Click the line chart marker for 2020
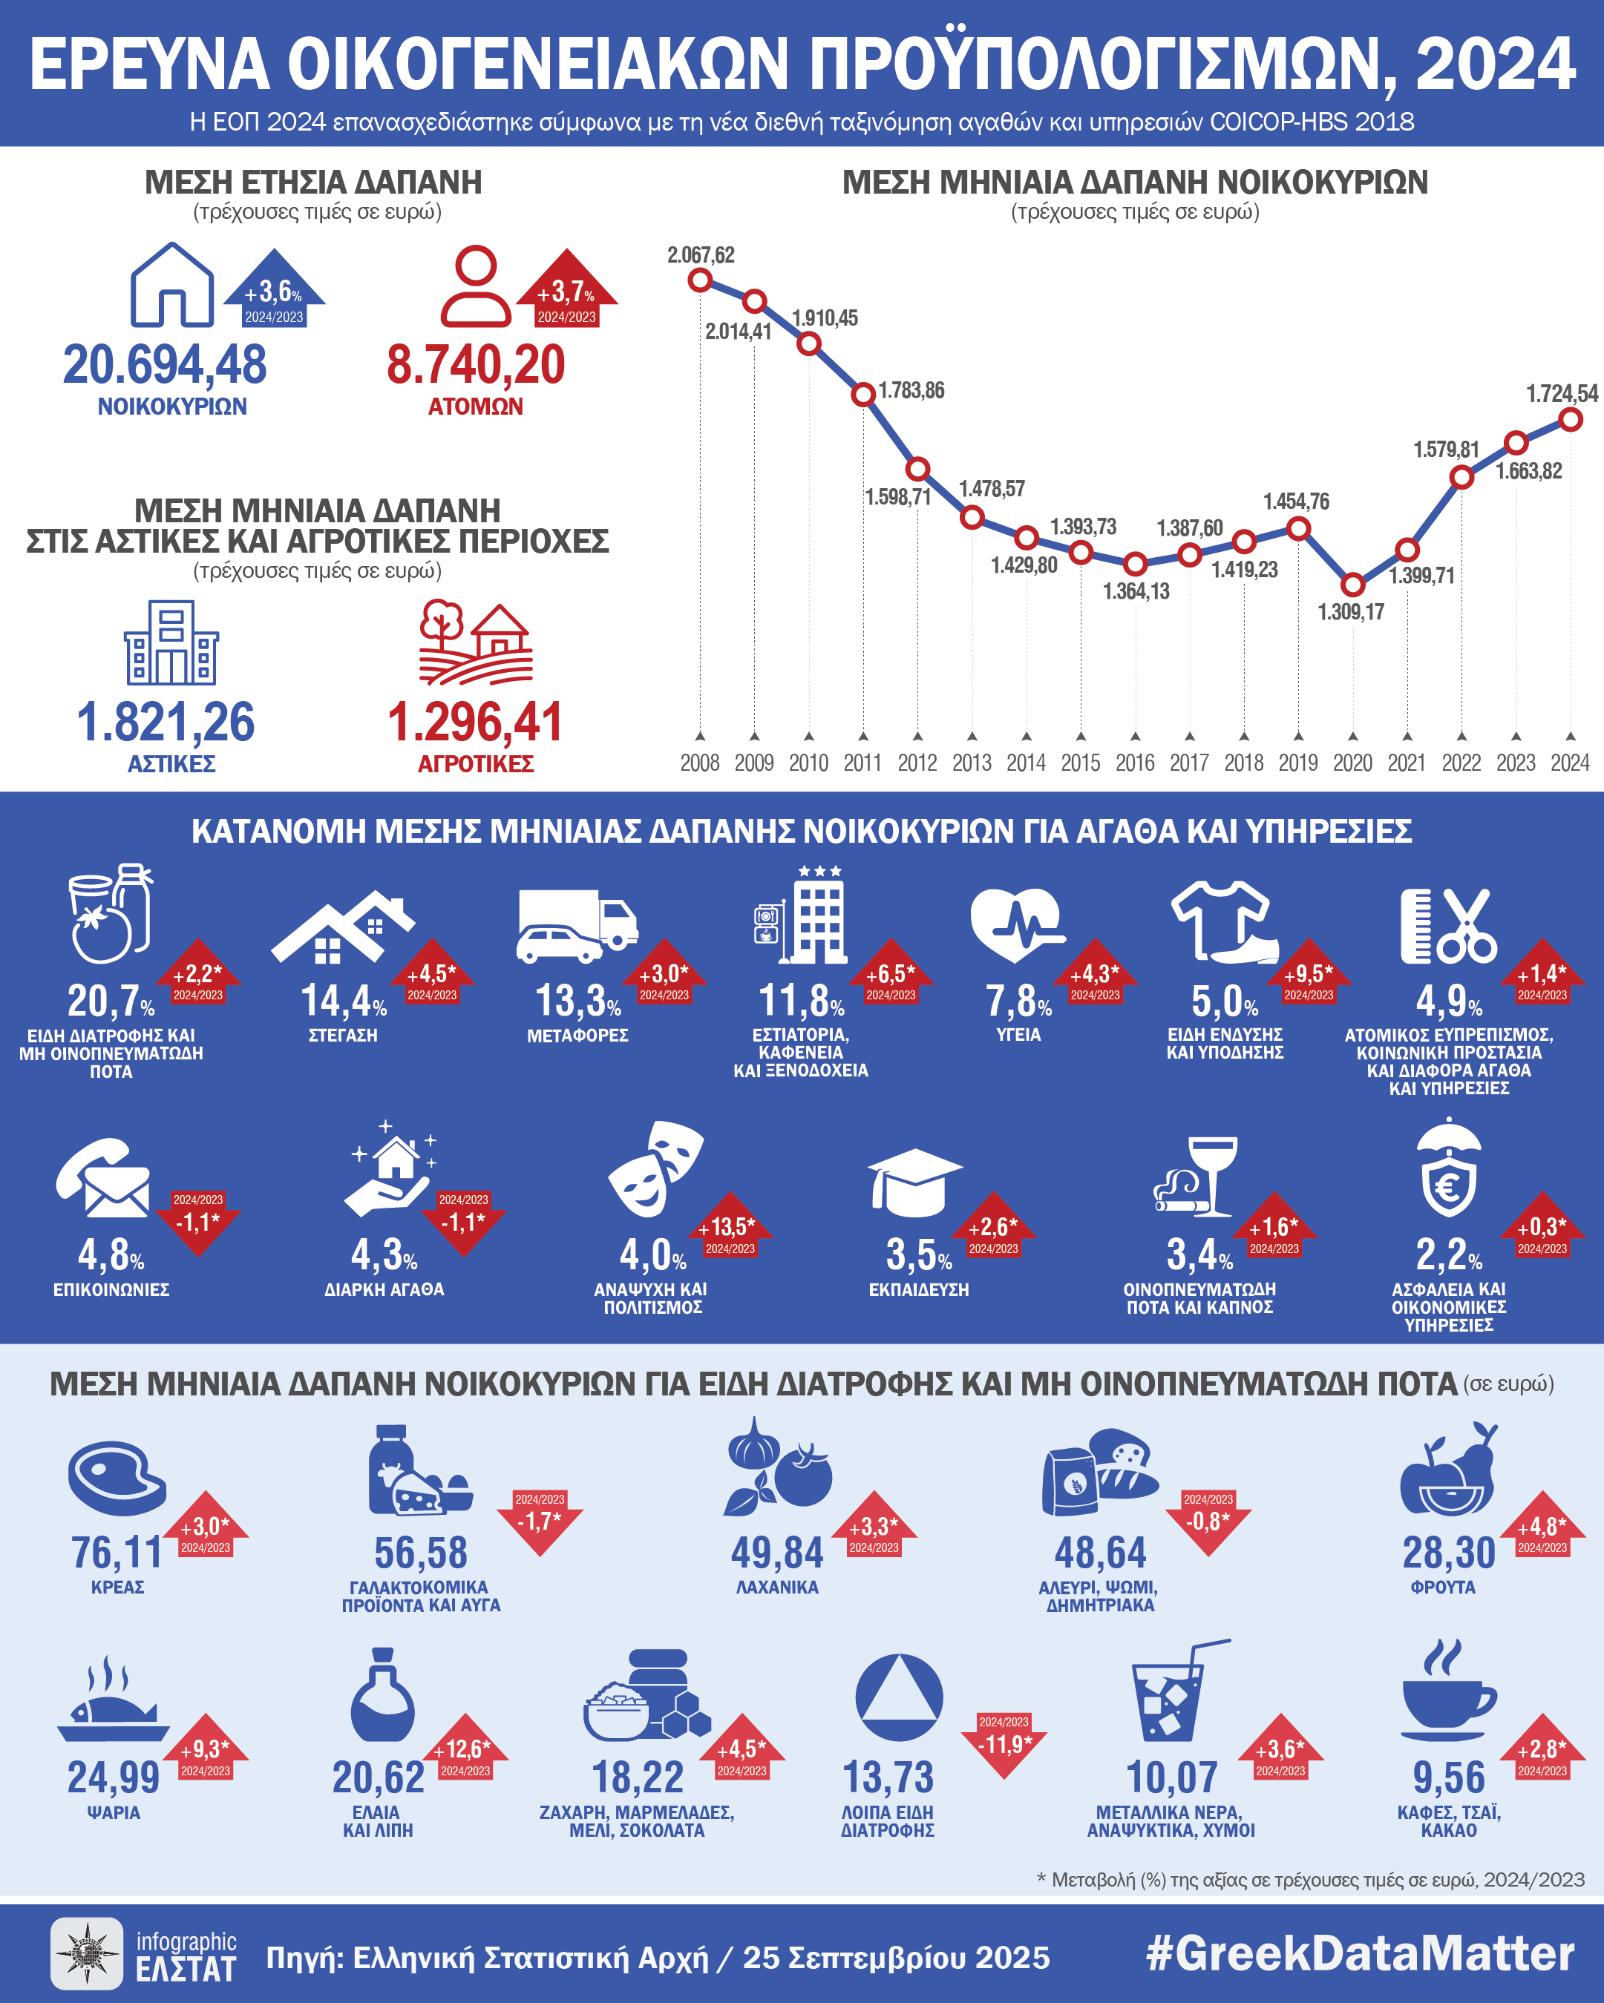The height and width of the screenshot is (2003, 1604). (x=1353, y=585)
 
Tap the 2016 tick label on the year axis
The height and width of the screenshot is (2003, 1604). (x=1135, y=763)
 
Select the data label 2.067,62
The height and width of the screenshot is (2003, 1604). (x=701, y=254)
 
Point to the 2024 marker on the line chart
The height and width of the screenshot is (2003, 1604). (x=1571, y=420)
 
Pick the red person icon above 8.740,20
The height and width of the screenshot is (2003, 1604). (x=475, y=286)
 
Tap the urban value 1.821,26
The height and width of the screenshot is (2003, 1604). (x=166, y=722)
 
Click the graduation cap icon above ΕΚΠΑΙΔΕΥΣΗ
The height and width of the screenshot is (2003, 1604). (x=914, y=1182)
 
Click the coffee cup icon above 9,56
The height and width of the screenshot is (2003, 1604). (x=1448, y=1694)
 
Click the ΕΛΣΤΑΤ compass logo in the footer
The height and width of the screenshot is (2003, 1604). (x=85, y=1953)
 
